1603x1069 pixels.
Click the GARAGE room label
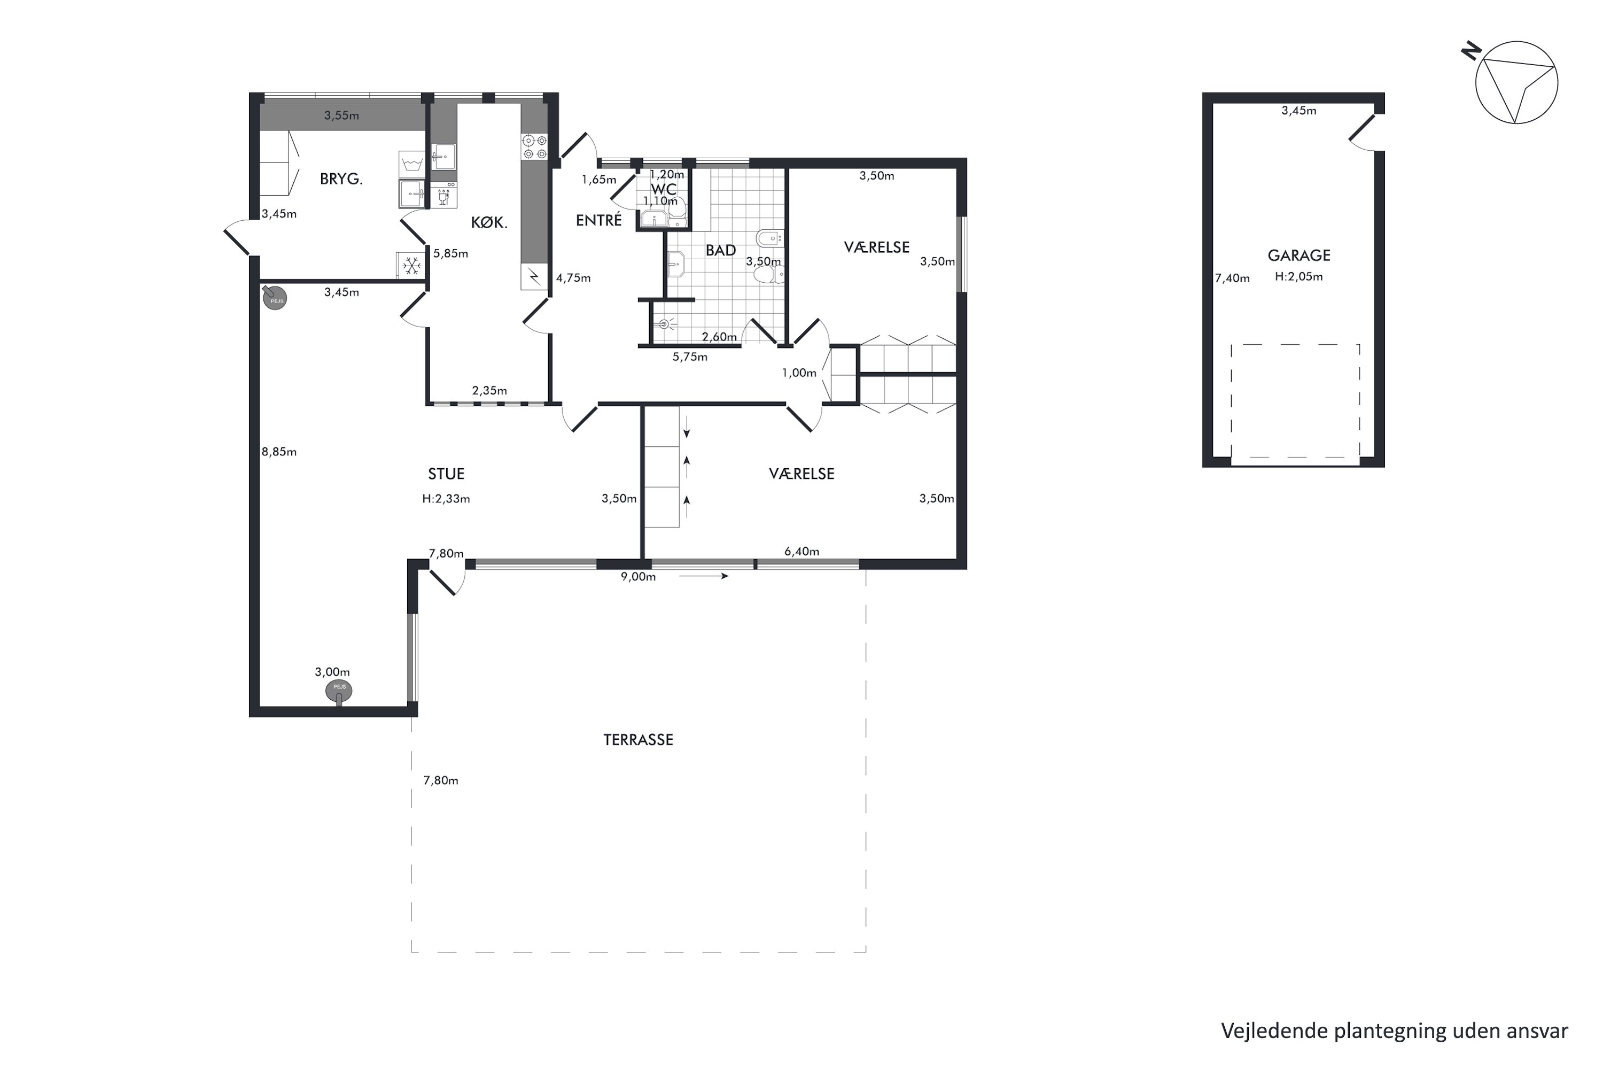point(1298,255)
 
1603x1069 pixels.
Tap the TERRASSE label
point(638,740)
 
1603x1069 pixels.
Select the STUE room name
point(446,474)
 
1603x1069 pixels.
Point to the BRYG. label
point(341,179)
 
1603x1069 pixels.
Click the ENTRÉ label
point(598,220)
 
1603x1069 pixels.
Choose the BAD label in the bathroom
point(720,250)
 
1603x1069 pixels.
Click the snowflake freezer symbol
point(411,265)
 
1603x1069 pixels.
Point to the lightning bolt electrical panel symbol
point(534,277)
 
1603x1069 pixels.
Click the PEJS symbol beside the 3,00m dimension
point(339,691)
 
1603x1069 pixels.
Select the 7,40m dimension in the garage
point(1232,278)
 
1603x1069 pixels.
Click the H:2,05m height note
point(1298,277)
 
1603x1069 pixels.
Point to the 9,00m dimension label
point(638,577)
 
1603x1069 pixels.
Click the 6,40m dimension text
point(801,552)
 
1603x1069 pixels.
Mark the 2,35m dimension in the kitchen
point(489,391)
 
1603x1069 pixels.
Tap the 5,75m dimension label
point(690,357)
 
